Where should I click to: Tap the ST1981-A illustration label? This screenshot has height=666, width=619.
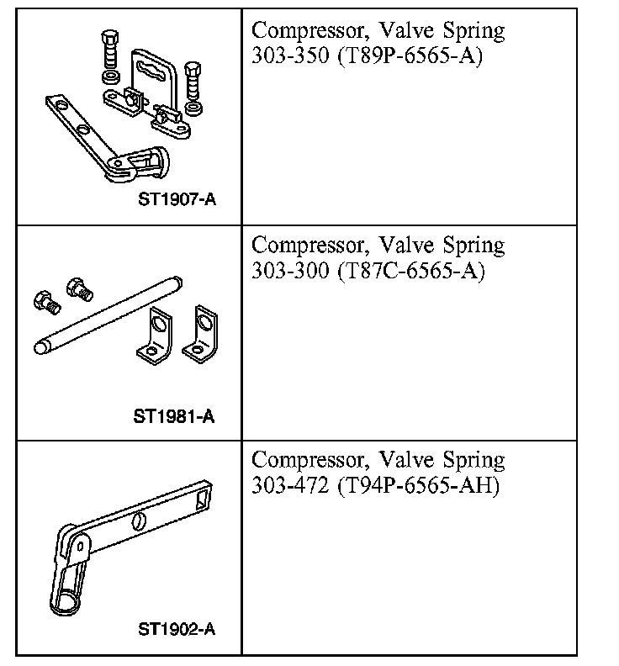pos(174,415)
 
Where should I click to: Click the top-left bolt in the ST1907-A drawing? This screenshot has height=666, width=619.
pos(109,55)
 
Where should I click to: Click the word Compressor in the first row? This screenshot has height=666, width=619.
pos(309,32)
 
